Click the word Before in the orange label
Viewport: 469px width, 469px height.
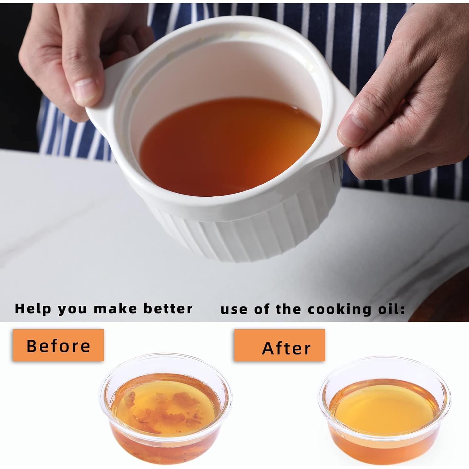(x=58, y=345)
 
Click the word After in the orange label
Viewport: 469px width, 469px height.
(x=286, y=348)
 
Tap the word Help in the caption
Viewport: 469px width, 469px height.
(x=33, y=309)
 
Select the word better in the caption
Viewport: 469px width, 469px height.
(x=168, y=309)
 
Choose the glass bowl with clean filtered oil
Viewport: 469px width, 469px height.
(x=384, y=413)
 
